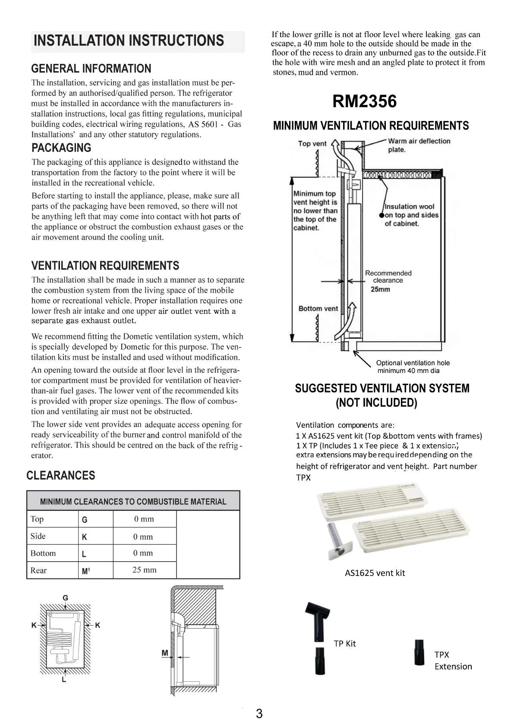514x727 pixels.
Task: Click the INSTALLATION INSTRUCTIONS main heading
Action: click(129, 41)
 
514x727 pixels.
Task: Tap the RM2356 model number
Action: click(364, 101)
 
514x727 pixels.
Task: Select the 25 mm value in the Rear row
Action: click(144, 570)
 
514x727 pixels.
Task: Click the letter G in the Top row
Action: click(85, 520)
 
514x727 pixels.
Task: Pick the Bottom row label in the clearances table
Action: click(43, 553)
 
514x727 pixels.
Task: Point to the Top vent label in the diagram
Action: click(312, 144)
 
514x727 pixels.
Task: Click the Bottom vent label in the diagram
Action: click(318, 309)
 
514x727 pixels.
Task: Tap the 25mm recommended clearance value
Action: click(380, 289)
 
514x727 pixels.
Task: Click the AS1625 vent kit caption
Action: click(375, 573)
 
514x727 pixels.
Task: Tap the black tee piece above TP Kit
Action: click(318, 620)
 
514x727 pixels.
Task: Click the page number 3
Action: click(259, 713)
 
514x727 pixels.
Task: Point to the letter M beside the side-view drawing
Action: click(164, 653)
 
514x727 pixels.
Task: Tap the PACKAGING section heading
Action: click(61, 148)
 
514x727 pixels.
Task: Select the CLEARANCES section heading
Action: click(61, 475)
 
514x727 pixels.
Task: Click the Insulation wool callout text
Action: click(411, 215)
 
